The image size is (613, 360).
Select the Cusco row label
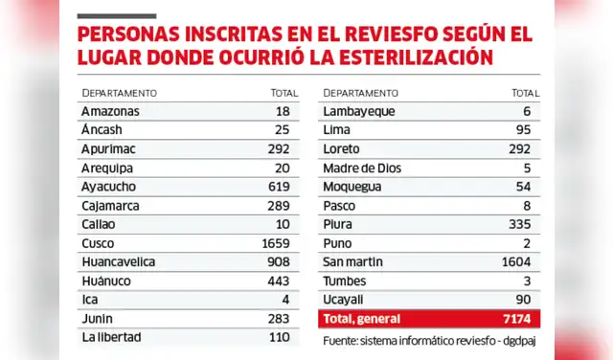click(100, 243)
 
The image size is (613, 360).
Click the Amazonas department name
click(110, 112)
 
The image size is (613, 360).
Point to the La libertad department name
click(112, 337)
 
